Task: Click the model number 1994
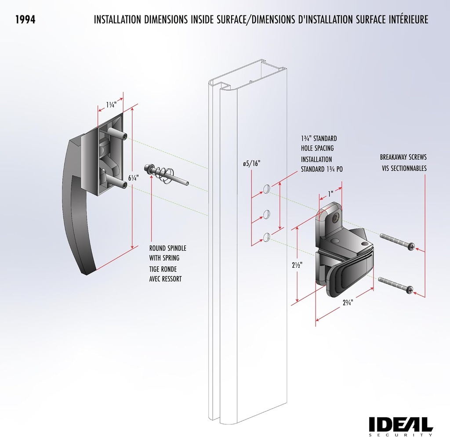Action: [25, 20]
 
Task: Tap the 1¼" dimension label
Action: [111, 105]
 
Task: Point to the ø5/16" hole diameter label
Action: [251, 163]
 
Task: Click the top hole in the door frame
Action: [266, 189]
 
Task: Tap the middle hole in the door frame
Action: [266, 214]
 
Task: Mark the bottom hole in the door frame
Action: [266, 237]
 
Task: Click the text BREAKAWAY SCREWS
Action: [403, 157]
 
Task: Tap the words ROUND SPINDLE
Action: [167, 249]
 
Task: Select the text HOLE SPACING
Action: [317, 148]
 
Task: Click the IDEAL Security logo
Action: [400, 425]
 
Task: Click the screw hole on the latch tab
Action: [337, 217]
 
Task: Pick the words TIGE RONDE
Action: [163, 269]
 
